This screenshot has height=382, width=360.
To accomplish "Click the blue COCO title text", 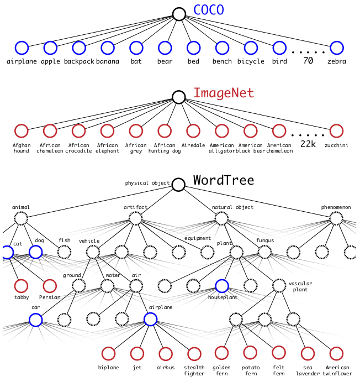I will [209, 10].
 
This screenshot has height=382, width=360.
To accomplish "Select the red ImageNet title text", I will [224, 92].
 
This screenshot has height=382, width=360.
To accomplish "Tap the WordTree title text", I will [224, 180].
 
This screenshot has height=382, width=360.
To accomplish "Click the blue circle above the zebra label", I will [337, 48].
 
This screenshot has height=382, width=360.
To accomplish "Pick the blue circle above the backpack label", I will [79, 48].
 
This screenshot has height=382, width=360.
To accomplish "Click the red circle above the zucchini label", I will [337, 131].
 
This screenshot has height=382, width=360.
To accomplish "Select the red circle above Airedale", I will [193, 131].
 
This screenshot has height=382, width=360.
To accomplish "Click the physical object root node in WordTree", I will [178, 185].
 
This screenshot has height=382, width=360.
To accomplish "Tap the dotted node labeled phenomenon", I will [336, 218].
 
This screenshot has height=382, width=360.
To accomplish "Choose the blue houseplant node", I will [222, 286].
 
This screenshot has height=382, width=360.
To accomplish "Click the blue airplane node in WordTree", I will [150, 319].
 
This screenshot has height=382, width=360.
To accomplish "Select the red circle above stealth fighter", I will [194, 353].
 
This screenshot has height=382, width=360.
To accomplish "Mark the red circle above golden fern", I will [221, 353].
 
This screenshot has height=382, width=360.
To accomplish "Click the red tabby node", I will [21, 286].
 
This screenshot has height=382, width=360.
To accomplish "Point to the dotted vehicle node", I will [93, 252].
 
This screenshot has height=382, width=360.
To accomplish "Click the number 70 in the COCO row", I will [308, 61].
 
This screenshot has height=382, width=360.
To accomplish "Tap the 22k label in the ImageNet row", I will [308, 144].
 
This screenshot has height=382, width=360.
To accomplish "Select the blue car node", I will [35, 320].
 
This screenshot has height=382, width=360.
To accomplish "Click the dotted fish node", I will [64, 252].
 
